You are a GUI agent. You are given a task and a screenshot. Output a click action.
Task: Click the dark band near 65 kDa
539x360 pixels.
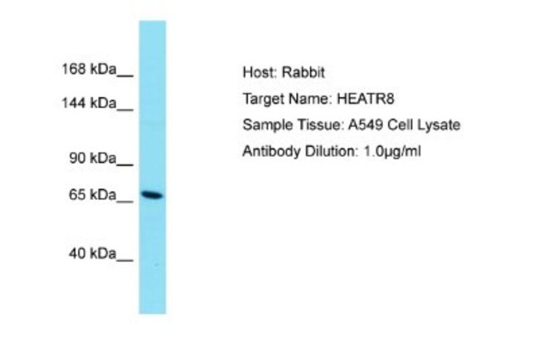[153, 195]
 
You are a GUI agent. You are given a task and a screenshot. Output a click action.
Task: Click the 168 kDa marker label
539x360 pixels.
[89, 69]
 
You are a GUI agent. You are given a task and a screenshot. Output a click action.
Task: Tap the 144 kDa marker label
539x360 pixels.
[89, 103]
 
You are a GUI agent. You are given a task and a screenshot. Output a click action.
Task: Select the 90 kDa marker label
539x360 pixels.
[93, 158]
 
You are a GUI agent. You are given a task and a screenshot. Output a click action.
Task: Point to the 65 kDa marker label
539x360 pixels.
[93, 195]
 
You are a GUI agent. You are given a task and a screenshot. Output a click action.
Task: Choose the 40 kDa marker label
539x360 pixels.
[93, 253]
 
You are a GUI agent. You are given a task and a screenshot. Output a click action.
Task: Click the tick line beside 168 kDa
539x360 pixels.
[125, 75]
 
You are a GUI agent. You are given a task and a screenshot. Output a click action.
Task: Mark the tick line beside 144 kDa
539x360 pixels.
[125, 109]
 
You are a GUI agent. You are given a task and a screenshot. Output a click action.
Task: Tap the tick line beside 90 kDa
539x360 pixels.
[125, 165]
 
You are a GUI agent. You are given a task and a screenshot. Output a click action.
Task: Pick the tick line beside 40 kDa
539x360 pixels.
[125, 260]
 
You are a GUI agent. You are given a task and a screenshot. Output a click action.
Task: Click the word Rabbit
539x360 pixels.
[303, 72]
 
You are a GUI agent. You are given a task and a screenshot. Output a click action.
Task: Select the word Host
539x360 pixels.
[260, 72]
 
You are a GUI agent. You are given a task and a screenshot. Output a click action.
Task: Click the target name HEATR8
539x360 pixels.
[366, 99]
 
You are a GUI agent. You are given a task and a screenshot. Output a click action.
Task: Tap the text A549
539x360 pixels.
[366, 124]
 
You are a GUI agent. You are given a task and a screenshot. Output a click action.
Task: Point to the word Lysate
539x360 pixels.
[439, 125]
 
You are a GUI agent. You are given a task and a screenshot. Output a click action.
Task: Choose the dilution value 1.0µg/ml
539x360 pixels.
[392, 152]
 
